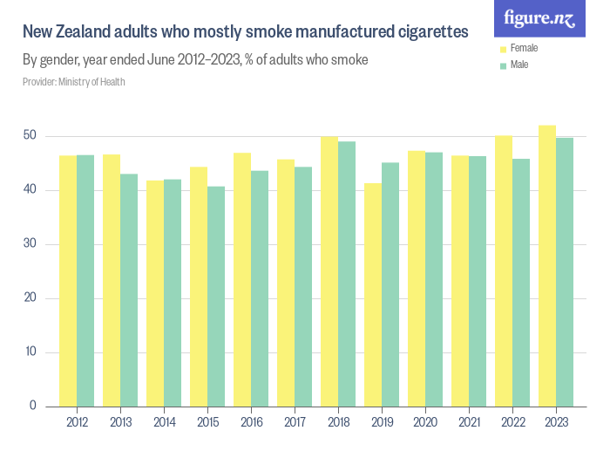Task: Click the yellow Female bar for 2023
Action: coord(546,266)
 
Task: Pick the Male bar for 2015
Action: coord(215,297)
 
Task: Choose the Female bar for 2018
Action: coord(329,271)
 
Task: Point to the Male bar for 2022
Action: coord(520,283)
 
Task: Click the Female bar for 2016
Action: coord(241,279)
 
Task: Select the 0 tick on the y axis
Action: coord(33,406)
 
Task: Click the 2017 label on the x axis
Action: coord(294,422)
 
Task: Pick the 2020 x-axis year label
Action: coord(424,422)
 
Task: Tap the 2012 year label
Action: coord(76,422)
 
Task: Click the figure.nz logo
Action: coord(539,19)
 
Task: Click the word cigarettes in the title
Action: coord(427,31)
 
